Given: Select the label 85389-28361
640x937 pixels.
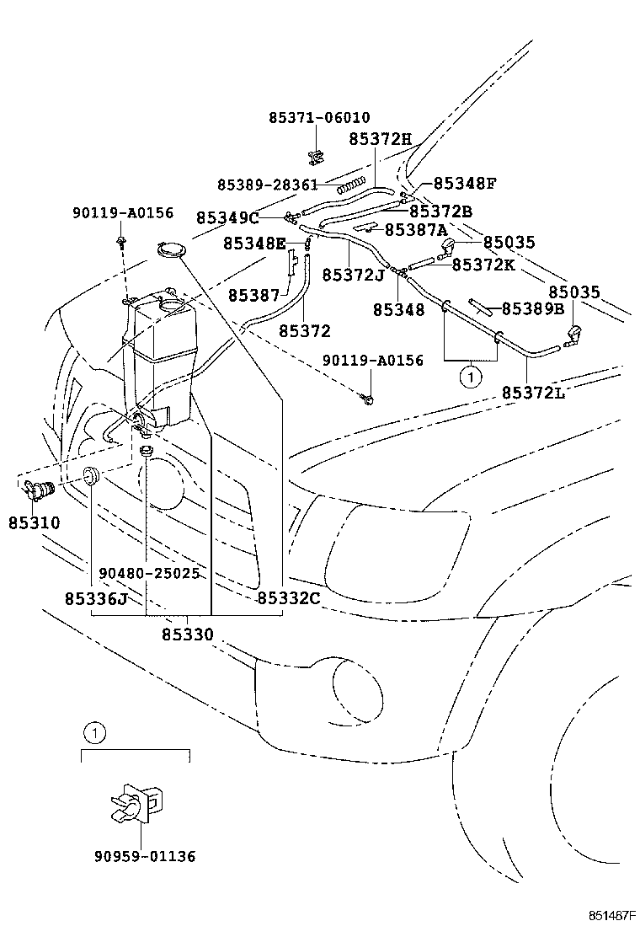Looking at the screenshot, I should pos(267,185).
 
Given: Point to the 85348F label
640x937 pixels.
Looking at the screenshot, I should pos(465,183).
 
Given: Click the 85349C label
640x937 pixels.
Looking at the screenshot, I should pos(227,218).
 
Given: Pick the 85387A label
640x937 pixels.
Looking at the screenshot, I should pos(416,229).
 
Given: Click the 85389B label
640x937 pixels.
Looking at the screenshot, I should pos(533,308).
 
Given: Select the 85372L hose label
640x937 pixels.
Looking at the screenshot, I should pos(533,393).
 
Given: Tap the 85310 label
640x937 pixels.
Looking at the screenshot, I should pos(35,522).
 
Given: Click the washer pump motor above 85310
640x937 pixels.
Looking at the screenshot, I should pos(37,488).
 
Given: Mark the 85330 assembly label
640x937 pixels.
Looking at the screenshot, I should pos(187,634).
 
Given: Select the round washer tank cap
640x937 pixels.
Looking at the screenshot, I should pos(171,249).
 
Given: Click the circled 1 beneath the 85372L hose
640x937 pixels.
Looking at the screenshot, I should pos(469,377).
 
